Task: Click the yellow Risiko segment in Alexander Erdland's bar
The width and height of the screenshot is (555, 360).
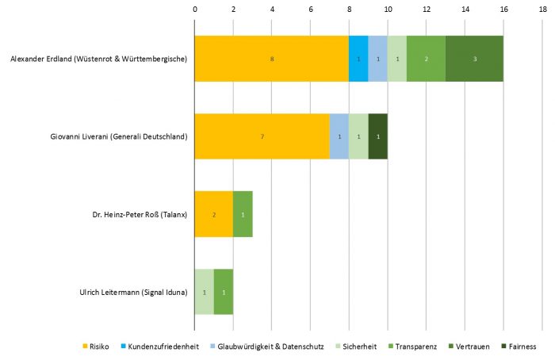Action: coord(271,59)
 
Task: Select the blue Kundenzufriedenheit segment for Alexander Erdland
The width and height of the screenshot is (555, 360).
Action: coord(358,59)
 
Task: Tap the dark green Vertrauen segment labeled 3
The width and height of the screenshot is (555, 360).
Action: coord(474,59)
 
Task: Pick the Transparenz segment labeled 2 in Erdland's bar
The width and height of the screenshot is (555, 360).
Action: coord(426,59)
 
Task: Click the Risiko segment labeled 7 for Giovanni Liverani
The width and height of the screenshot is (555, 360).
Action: coord(262,136)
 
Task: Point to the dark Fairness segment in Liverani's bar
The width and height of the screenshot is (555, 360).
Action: coord(378,136)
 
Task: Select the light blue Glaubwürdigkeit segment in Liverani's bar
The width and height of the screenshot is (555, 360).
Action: coord(339,136)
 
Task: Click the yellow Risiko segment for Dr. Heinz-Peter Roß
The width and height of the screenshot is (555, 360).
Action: coord(214,214)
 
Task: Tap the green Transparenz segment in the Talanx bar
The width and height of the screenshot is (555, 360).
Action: coord(243,214)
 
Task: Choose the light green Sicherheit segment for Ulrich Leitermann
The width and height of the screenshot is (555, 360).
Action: coord(205,292)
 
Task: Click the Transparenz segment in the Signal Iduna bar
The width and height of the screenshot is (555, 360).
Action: coord(224,292)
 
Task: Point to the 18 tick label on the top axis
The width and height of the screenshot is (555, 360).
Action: coord(542,9)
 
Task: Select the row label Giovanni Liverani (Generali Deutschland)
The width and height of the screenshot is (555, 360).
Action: coord(118,136)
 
